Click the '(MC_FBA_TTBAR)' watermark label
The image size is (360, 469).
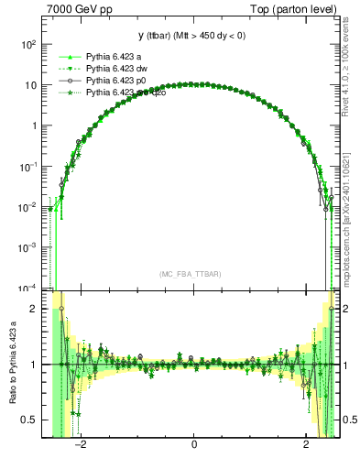188,274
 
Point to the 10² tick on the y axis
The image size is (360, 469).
27,44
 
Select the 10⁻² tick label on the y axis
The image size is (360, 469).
27,207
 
